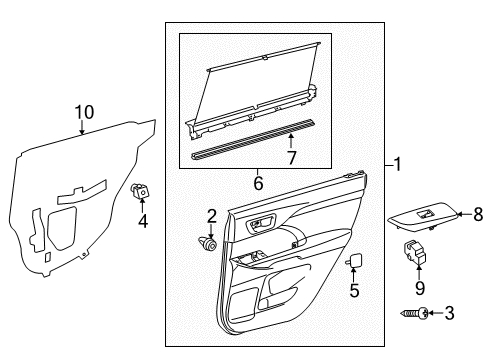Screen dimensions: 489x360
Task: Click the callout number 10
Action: point(84,112)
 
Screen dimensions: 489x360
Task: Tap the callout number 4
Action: point(143,221)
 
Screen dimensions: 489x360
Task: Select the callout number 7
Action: point(292,158)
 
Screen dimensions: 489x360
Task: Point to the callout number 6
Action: point(258,183)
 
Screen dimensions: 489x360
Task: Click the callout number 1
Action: point(397,164)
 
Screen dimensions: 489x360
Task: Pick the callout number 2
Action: point(212,216)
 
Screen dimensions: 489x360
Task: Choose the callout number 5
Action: point(354,290)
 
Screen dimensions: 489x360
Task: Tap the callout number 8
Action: point(478,214)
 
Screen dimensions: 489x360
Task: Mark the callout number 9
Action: point(420,288)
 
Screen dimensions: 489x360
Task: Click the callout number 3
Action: point(449,313)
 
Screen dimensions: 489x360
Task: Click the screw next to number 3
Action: point(414,313)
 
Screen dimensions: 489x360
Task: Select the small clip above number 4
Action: point(139,190)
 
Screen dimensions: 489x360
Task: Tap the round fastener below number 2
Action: point(207,243)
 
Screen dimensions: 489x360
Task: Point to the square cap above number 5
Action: point(354,260)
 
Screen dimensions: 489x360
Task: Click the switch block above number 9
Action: point(415,252)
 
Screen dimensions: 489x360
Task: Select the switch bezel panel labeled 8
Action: point(422,216)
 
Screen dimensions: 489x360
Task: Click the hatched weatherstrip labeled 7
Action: point(253,139)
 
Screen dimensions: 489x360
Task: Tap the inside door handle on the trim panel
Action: point(260,222)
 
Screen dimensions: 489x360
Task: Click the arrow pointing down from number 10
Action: point(82,127)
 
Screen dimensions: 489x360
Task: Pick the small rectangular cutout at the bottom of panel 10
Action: point(47,258)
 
